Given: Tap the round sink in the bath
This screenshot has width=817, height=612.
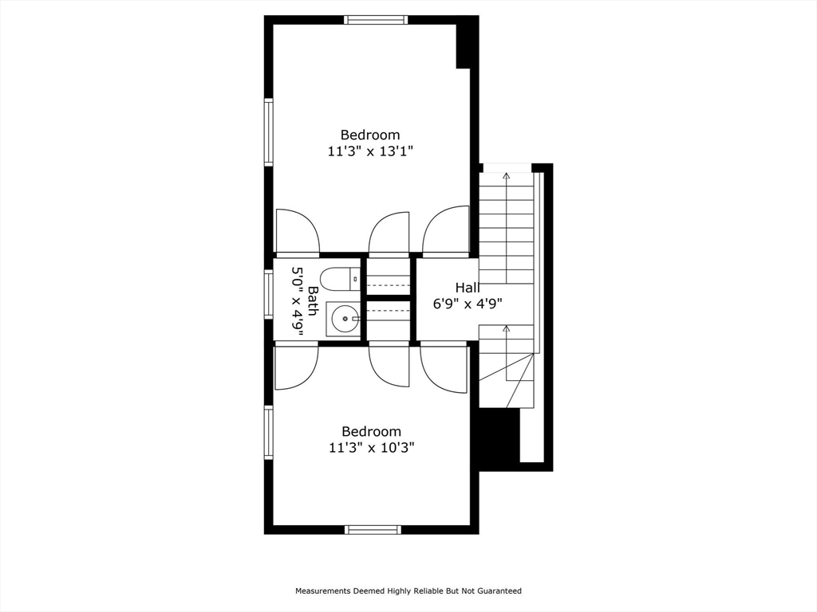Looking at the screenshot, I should pyautogui.click(x=344, y=320).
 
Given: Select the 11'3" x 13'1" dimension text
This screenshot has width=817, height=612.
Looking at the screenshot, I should pyautogui.click(x=370, y=151).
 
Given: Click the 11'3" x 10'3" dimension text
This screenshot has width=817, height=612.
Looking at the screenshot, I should pyautogui.click(x=371, y=448).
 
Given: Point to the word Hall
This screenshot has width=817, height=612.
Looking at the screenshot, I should pyautogui.click(x=467, y=287).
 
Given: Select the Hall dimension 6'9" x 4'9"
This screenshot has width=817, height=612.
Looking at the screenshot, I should pyautogui.click(x=468, y=304).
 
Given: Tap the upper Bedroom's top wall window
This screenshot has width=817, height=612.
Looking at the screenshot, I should pyautogui.click(x=376, y=20).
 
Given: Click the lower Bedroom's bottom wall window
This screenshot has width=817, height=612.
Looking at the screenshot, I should pyautogui.click(x=373, y=529).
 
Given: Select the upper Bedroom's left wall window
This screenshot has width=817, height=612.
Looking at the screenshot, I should pyautogui.click(x=269, y=132).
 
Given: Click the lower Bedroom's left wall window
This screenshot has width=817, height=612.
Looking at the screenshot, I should pyautogui.click(x=269, y=433).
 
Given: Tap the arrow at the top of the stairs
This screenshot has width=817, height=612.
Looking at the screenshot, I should pyautogui.click(x=506, y=175).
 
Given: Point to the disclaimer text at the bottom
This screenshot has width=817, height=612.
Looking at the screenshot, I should pyautogui.click(x=408, y=591).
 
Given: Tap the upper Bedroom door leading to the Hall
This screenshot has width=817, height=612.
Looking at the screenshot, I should pyautogui.click(x=445, y=233).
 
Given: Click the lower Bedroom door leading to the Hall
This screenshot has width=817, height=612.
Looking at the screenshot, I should pyautogui.click(x=444, y=367).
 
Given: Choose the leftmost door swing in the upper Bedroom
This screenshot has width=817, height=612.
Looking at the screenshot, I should pyautogui.click(x=297, y=233).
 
